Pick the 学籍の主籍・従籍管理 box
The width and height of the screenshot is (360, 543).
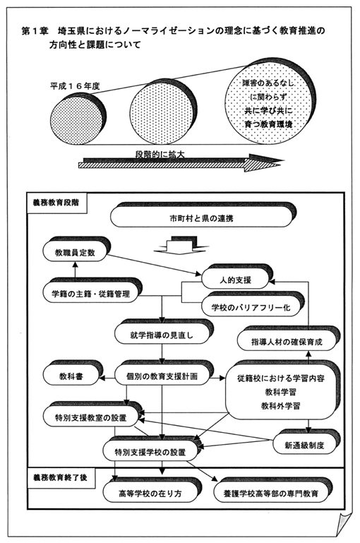pos(90,294)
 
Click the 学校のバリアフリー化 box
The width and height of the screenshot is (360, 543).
pos(251,307)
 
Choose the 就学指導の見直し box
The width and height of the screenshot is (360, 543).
pos(162,335)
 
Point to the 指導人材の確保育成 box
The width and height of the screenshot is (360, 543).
pos(287,342)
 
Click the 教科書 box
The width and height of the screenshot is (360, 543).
pos(71,376)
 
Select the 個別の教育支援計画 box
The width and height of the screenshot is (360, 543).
pos(162,376)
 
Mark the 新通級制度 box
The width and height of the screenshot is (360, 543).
pos(305,445)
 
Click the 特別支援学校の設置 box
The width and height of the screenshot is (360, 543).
pos(150,452)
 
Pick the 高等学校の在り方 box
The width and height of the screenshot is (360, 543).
pos(150,493)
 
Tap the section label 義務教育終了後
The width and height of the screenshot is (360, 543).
pos(61,478)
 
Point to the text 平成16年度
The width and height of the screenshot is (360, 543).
pos(75,86)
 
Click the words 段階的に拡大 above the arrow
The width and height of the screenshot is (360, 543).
pos(160,155)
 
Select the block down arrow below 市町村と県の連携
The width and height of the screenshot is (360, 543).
pos(181,246)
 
